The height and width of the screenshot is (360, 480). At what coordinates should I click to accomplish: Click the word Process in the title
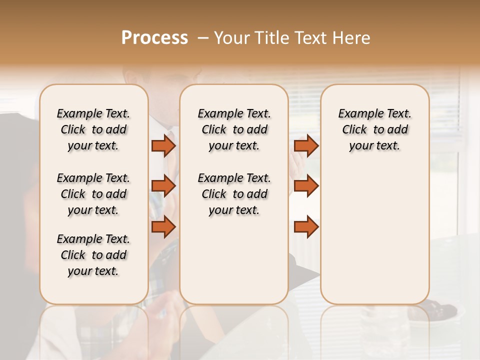(x=154, y=38)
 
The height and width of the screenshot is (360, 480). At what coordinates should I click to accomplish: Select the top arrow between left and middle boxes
(x=163, y=146)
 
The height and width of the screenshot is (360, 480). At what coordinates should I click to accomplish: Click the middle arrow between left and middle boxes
(x=163, y=186)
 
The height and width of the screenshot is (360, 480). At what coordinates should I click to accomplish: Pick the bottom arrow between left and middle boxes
(x=163, y=226)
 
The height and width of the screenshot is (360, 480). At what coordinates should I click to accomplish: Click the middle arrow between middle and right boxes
(x=306, y=186)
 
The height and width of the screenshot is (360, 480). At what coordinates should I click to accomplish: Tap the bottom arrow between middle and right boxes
(x=306, y=226)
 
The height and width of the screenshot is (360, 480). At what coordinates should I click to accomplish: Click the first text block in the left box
(x=93, y=129)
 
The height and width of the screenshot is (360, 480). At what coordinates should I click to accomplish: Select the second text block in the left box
(x=93, y=194)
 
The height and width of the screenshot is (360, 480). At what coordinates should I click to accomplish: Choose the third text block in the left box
(x=93, y=255)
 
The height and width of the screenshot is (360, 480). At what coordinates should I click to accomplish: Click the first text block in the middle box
(x=234, y=129)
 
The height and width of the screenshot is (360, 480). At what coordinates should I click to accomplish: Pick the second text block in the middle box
(x=234, y=194)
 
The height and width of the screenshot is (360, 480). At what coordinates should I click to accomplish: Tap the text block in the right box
(x=374, y=129)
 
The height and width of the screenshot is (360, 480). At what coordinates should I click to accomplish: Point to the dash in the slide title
(x=203, y=38)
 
